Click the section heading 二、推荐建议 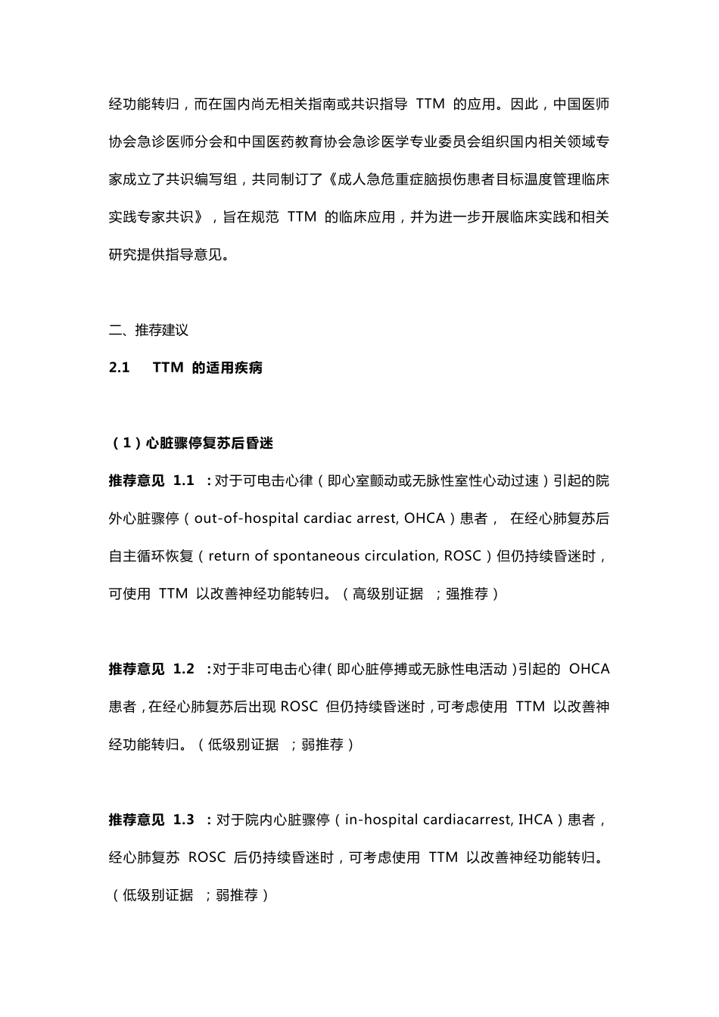pos(148,330)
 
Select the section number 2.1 pos(119,368)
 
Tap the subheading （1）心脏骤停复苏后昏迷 pos(191,443)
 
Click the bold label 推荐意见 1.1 pos(151,481)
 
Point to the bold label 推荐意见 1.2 pos(151,669)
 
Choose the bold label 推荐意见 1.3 pos(151,820)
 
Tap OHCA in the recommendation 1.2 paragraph pos(589,669)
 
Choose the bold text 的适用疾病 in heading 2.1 pos(227,368)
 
